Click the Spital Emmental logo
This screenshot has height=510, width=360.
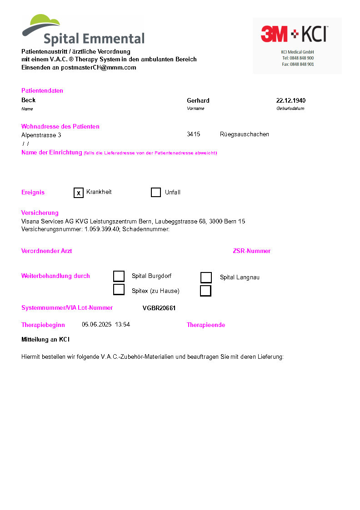point(83,30)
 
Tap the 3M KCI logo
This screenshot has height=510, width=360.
point(297,45)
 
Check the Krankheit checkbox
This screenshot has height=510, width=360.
point(79,193)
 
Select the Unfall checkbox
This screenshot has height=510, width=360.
point(156,193)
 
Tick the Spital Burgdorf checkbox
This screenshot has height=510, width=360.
point(119,276)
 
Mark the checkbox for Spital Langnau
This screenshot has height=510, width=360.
point(206,277)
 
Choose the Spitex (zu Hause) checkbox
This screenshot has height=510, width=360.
point(119,290)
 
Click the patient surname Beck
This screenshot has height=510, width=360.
point(28,100)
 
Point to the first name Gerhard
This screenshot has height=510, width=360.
point(198,100)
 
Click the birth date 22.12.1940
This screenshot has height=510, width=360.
point(291,100)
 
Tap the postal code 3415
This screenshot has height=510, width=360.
point(194,134)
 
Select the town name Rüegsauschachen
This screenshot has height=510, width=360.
point(245,134)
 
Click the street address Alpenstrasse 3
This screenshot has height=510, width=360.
point(41,135)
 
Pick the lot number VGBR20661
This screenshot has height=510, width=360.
point(159,308)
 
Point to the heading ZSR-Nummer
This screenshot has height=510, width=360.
point(252,251)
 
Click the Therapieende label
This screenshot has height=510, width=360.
point(206,325)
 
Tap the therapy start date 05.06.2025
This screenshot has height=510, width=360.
point(96,325)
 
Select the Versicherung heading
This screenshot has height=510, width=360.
point(40,213)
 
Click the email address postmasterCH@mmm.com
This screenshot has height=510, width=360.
point(99,68)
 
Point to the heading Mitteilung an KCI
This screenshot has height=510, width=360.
point(45,340)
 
